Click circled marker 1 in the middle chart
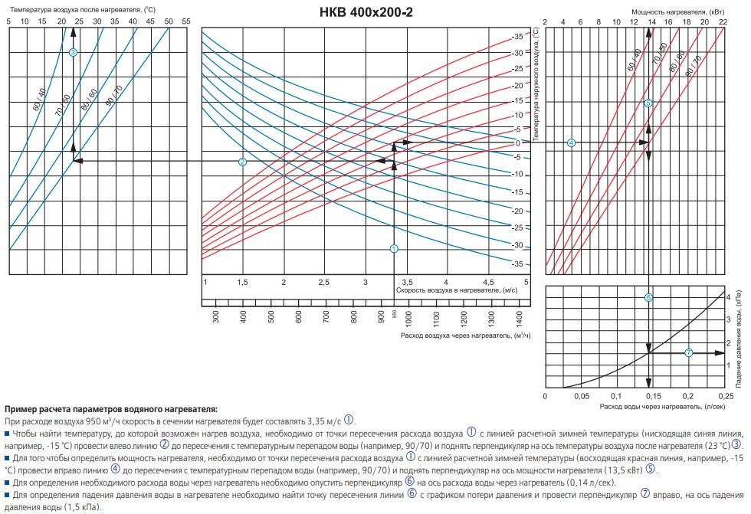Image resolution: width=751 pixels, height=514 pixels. [394, 248]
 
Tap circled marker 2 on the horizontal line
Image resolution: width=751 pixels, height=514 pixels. [242, 162]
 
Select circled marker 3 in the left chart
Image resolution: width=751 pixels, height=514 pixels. [73, 52]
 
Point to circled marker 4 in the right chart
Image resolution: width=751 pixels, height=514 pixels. [571, 143]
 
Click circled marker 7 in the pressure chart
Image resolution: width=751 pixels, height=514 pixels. [688, 352]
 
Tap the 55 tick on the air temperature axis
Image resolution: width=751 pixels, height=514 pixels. [186, 21]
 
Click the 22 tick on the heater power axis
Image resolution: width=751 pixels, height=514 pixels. [723, 21]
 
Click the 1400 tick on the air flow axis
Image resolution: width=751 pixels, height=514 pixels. [518, 315]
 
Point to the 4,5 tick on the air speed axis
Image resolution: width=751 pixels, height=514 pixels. [487, 282]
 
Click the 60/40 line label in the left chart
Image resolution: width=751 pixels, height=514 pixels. [40, 101]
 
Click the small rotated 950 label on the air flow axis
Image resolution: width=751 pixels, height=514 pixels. [395, 315]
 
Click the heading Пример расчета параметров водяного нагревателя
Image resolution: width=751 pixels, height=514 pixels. [111, 411]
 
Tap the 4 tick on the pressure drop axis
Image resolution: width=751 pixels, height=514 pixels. [728, 296]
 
